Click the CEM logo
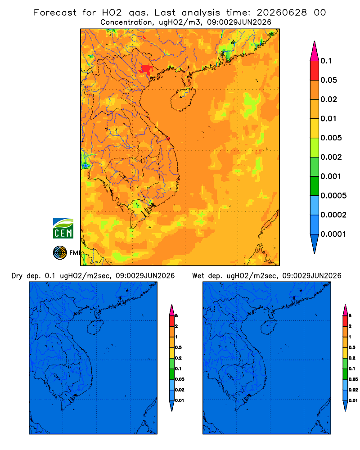tap(63, 229)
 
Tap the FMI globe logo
tap(60, 253)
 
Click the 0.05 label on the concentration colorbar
tap(328, 80)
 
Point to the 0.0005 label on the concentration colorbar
tap(333, 196)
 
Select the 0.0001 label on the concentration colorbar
tap(333, 234)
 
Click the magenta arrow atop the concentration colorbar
tap(315, 51)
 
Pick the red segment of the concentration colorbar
tap(315, 71)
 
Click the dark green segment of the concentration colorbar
tap(315, 186)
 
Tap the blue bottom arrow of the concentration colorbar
tap(315, 244)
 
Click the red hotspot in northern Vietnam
tap(146, 69)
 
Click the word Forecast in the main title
tap(55, 13)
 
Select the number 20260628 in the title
tap(282, 13)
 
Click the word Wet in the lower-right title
tap(198, 276)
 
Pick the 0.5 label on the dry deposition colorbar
tap(178, 347)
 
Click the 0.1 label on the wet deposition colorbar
tap(352, 369)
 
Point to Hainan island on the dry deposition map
tap(95, 328)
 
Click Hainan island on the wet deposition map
tap(269, 328)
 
